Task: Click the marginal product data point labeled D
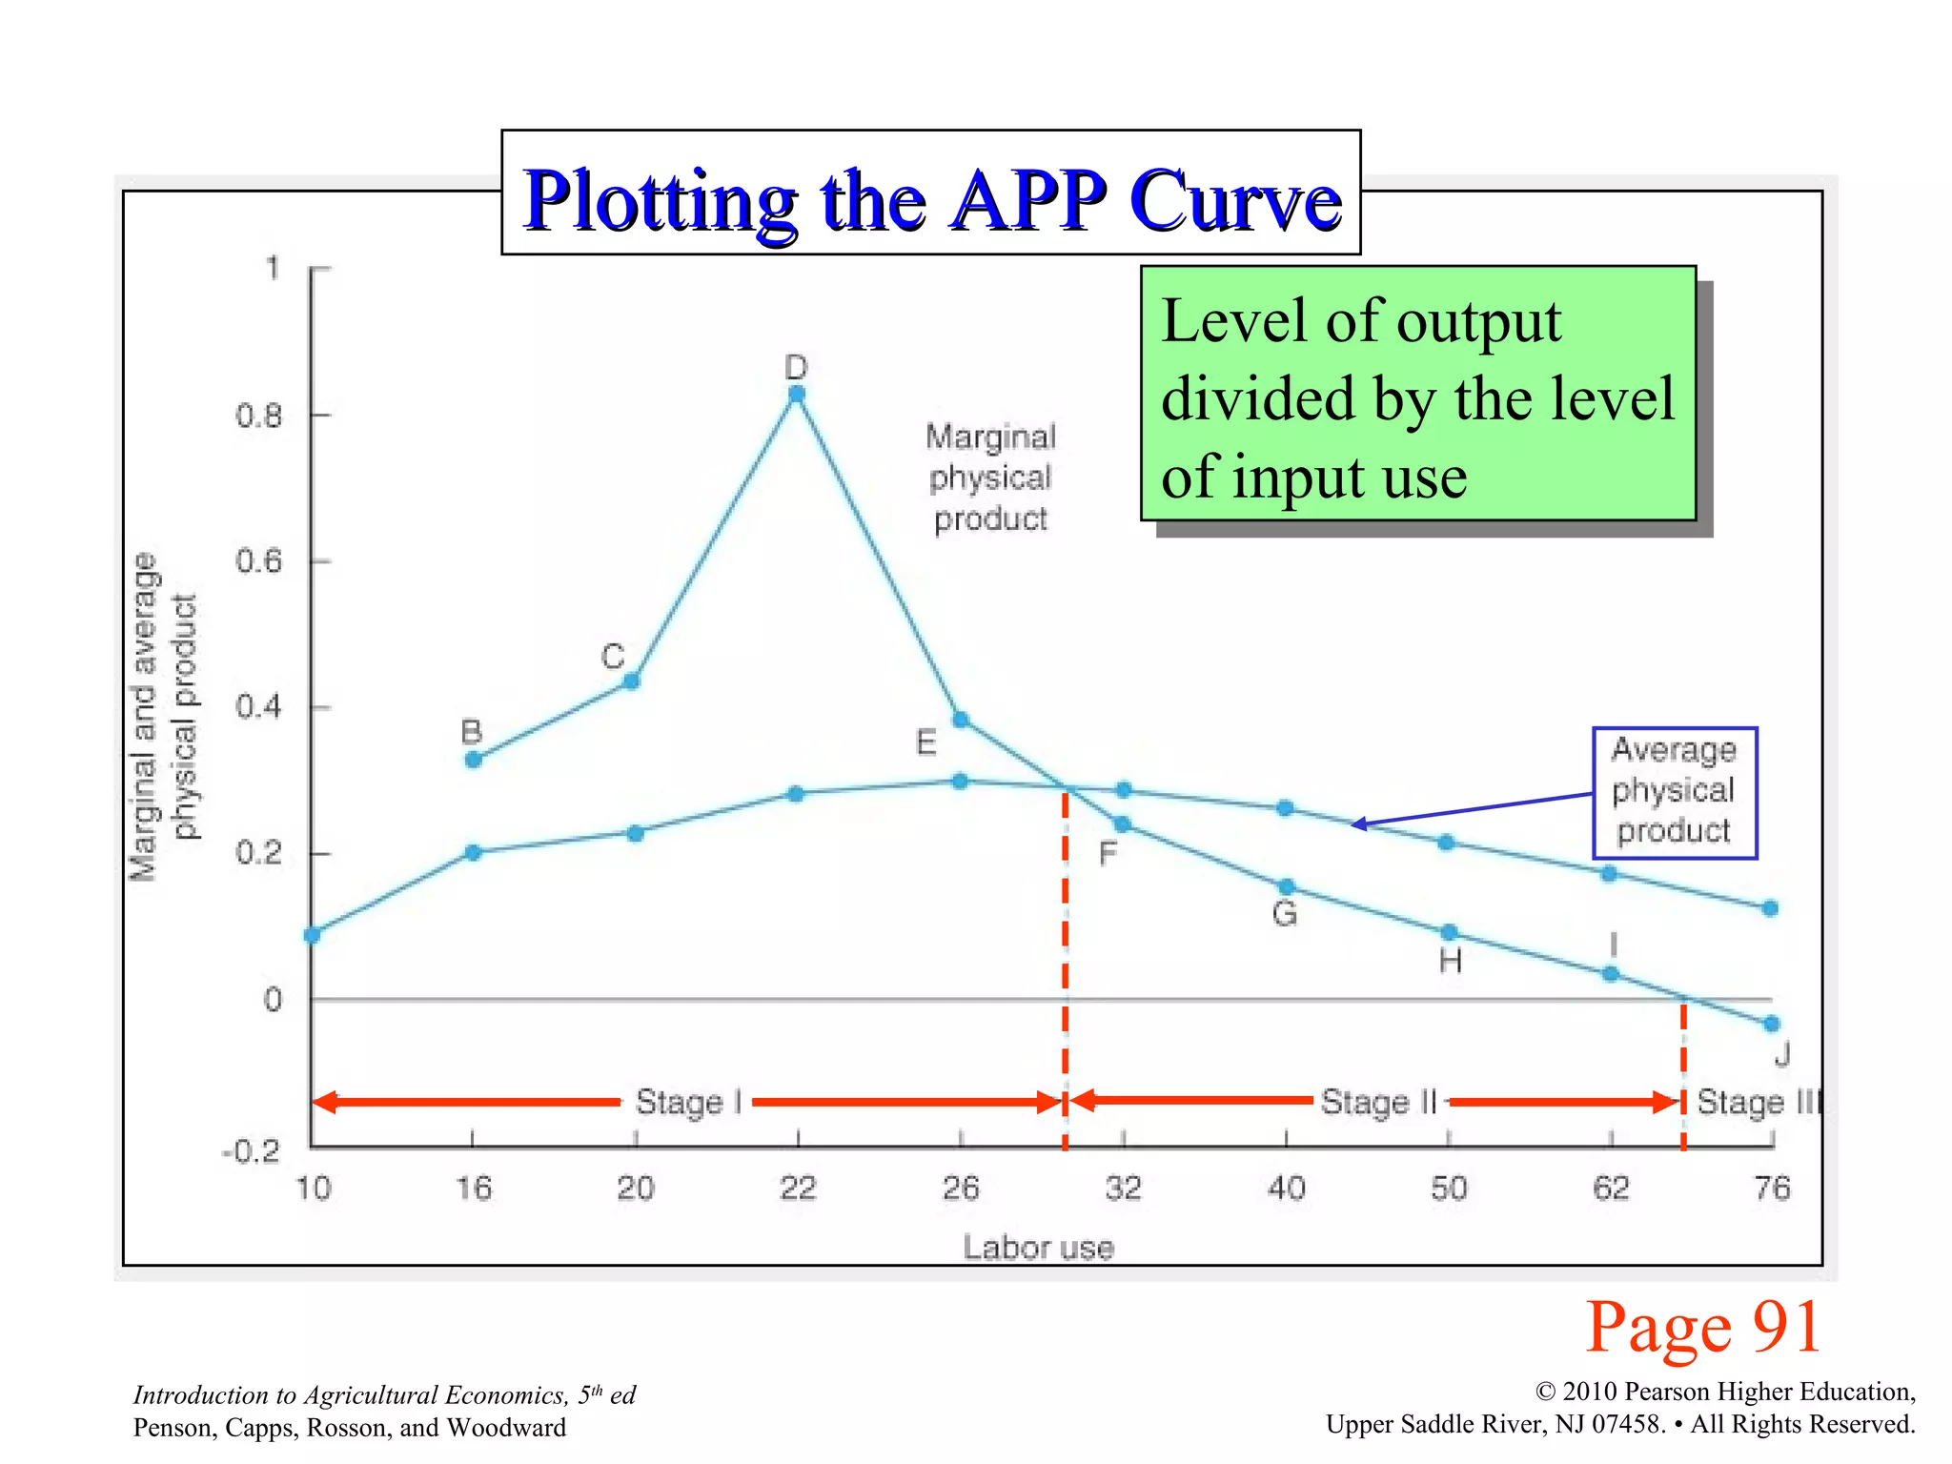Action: (x=797, y=394)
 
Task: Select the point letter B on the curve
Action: (x=472, y=732)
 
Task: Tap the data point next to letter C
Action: (x=631, y=681)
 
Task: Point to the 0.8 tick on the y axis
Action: (x=258, y=416)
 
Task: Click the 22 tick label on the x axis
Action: (x=798, y=1189)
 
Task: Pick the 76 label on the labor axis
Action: (x=1772, y=1189)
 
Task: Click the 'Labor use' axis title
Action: (x=1038, y=1248)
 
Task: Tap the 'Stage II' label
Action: (x=1378, y=1103)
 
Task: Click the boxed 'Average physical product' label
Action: (x=1674, y=791)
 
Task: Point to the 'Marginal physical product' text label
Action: (x=990, y=478)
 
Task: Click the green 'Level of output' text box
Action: (x=1417, y=395)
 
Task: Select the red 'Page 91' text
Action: (x=1702, y=1327)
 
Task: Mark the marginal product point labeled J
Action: (x=1772, y=1024)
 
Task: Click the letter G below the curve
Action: (x=1285, y=914)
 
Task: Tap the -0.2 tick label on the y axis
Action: (x=251, y=1152)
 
